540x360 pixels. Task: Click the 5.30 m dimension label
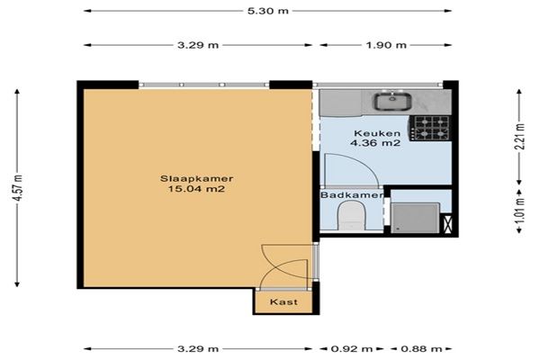pyautogui.click(x=267, y=11)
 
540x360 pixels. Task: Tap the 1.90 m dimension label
pyautogui.click(x=386, y=45)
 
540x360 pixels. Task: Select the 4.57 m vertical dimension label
pyautogui.click(x=19, y=188)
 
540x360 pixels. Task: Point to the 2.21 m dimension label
pyautogui.click(x=521, y=137)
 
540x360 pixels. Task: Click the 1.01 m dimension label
pyautogui.click(x=521, y=210)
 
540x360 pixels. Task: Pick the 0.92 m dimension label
pyautogui.click(x=352, y=349)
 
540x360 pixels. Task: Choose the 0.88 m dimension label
pyautogui.click(x=421, y=349)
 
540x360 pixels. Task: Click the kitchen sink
pyautogui.click(x=392, y=102)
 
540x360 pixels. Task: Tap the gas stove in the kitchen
pyautogui.click(x=430, y=128)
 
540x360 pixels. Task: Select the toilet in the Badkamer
pyautogui.click(x=351, y=216)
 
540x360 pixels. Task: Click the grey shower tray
pyautogui.click(x=415, y=218)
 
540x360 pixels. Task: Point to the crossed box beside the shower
pyautogui.click(x=447, y=224)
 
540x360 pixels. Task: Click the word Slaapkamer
pyautogui.click(x=196, y=179)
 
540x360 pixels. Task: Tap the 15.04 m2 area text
pyautogui.click(x=196, y=189)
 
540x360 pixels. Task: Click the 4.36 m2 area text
pyautogui.click(x=375, y=142)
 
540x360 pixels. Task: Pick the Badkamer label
pyautogui.click(x=352, y=195)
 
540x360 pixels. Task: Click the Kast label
pyautogui.click(x=283, y=302)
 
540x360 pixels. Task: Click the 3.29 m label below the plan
pyautogui.click(x=198, y=349)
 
